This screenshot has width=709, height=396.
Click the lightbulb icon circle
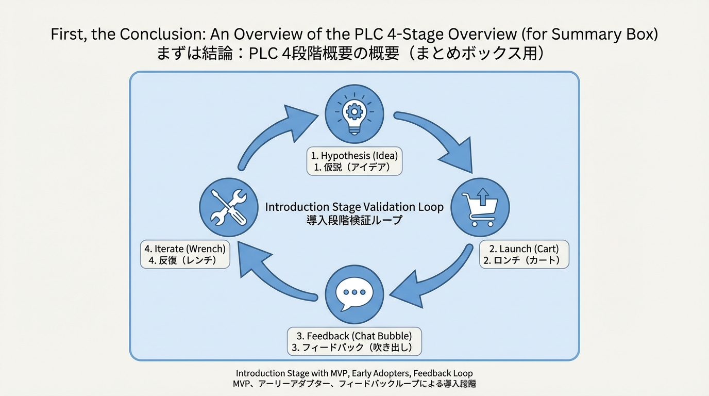coord(354,114)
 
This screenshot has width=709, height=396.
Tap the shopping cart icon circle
coord(480,207)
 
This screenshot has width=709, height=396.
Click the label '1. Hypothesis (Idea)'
coord(354,155)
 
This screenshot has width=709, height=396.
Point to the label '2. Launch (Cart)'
coord(524,249)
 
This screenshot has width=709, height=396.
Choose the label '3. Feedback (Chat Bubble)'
coord(354,336)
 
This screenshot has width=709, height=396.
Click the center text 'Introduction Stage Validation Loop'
coord(354,207)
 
